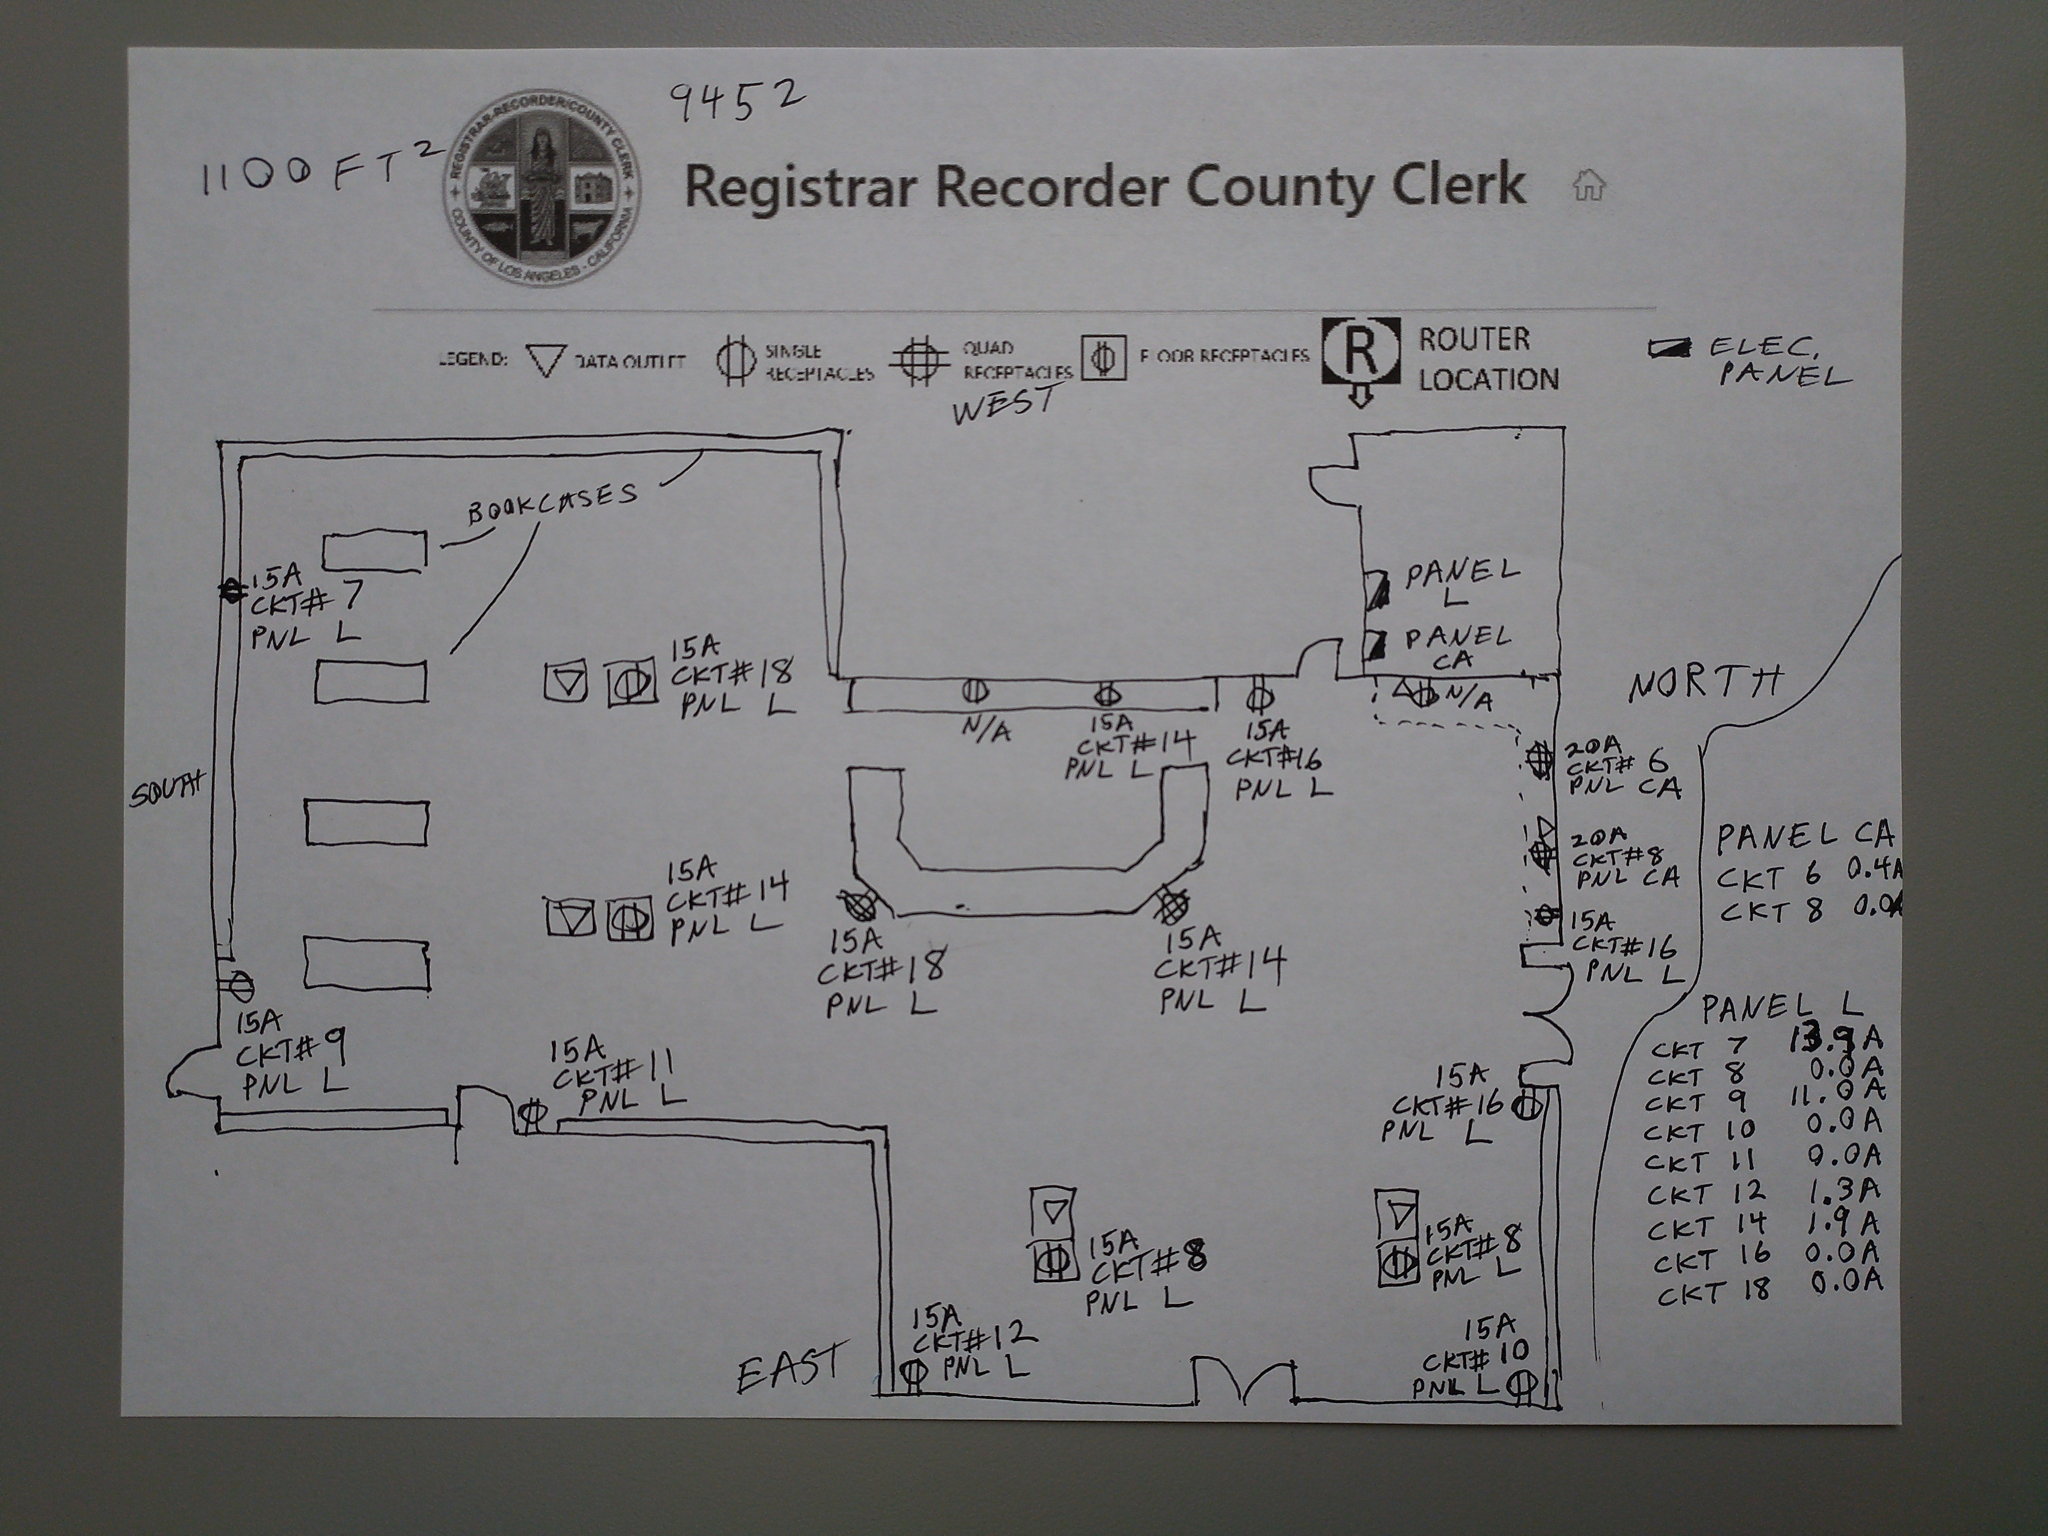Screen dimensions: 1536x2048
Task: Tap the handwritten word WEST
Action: [1005, 404]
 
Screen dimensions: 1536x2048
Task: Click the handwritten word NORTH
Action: [1703, 684]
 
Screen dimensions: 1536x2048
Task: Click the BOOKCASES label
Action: [553, 503]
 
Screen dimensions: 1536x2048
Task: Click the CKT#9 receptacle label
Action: [292, 1053]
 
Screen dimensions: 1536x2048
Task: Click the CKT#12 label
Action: [972, 1340]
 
